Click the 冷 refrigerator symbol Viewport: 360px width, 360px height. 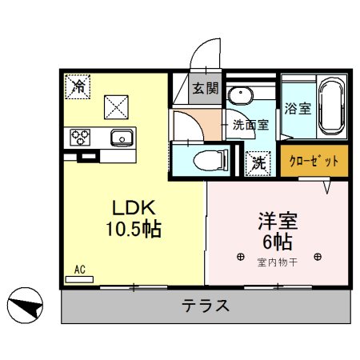78,85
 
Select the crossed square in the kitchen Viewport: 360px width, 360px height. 117,104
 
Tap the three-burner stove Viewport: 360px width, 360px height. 81,137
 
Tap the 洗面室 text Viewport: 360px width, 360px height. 250,125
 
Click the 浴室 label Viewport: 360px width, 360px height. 298,109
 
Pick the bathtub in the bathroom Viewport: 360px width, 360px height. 331,109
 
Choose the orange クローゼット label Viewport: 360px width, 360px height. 314,161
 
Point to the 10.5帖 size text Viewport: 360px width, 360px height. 131,230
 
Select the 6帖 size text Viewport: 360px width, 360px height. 278,241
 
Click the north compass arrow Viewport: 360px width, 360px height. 25,304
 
